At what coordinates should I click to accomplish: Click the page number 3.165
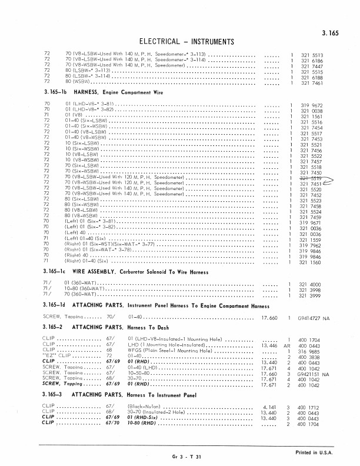331,35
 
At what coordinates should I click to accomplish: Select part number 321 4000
311,284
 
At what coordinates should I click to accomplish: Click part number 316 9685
311,351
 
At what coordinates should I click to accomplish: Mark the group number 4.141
269,407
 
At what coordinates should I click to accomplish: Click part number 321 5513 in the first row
312,55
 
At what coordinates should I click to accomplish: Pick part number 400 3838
311,357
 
